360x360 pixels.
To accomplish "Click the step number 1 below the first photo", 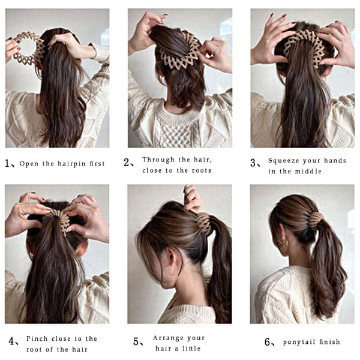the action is pos(7,164).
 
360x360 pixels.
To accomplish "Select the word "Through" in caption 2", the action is pos(158,160).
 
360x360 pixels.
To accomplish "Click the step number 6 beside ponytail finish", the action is pos(267,342).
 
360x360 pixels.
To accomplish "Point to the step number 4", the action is pos(11,341).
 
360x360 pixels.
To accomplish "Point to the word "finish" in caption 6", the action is pos(329,342).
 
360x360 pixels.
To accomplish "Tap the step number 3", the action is pos(253,163).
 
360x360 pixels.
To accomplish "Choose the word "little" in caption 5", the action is pos(191,349).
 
